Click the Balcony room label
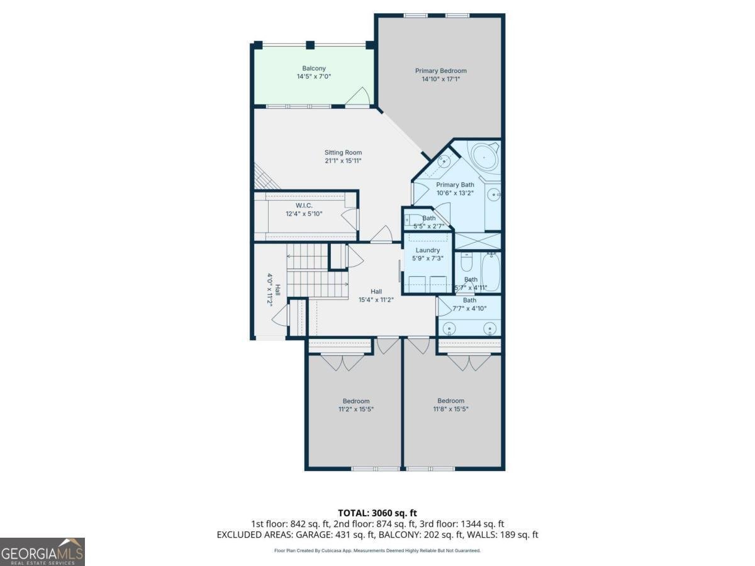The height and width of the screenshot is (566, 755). coord(314,68)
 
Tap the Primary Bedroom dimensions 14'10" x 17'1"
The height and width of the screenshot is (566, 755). coord(440,79)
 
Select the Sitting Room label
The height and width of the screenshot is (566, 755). coord(343,152)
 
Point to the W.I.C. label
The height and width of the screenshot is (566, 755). coord(304,206)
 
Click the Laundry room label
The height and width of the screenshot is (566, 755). coord(428,250)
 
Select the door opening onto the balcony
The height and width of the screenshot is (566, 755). coord(357,97)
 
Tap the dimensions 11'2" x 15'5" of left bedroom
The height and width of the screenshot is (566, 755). coord(356,409)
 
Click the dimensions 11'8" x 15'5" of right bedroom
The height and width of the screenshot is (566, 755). coord(450,409)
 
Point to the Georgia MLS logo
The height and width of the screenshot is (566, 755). coord(42,552)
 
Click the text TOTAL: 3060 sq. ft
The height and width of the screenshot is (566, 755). coord(377,513)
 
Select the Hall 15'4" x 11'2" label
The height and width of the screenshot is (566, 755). coord(376,296)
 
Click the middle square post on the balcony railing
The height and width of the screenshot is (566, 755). coord(310,45)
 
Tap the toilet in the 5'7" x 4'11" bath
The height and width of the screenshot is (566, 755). coord(467,262)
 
